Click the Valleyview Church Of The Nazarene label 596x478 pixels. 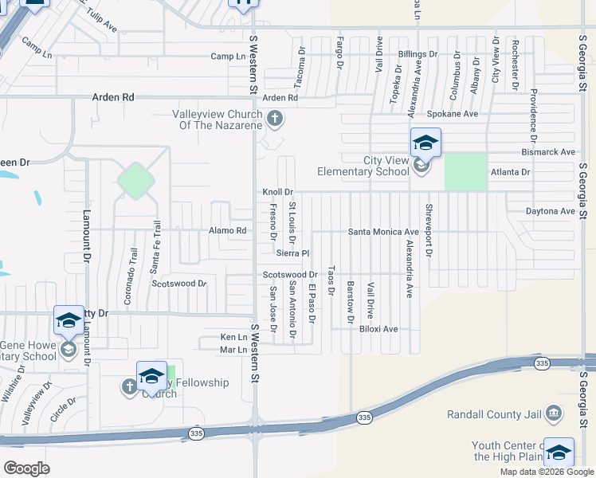(x=218, y=119)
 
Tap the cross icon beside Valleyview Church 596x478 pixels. (x=275, y=119)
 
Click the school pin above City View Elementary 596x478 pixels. (x=425, y=143)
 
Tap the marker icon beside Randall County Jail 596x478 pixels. (x=555, y=413)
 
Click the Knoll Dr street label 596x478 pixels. (x=278, y=192)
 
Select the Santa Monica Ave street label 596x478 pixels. (x=383, y=232)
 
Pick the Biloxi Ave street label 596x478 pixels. (x=378, y=328)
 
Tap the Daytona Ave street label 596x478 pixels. (x=550, y=211)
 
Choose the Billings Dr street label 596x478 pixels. (x=418, y=54)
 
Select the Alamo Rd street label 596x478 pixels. (x=229, y=231)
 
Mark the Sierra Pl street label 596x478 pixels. (x=292, y=253)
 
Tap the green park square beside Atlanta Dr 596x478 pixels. (x=465, y=171)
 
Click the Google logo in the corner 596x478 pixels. (x=26, y=468)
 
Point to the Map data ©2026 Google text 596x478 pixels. (x=546, y=472)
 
